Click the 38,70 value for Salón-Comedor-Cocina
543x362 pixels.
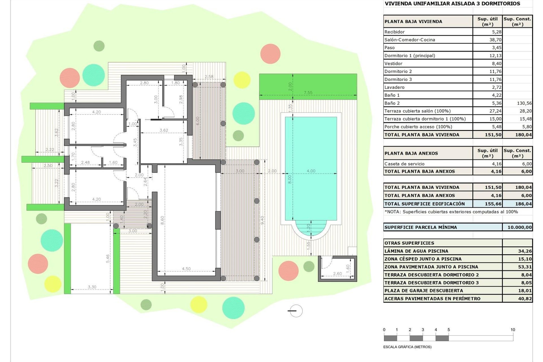pyautogui.click(x=495, y=40)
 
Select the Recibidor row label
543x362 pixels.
pyautogui.click(x=394, y=32)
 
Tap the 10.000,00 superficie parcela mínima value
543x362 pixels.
pyautogui.click(x=520, y=227)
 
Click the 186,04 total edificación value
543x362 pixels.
pyautogui.click(x=523, y=204)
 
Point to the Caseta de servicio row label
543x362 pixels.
pyautogui.click(x=404, y=164)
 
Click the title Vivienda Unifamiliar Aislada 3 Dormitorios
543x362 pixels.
pyautogui.click(x=452, y=4)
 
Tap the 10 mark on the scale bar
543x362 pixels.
pyautogui.click(x=513, y=330)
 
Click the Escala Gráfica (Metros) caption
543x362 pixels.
pyautogui.click(x=407, y=347)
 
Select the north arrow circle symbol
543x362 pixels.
pyautogui.click(x=296, y=311)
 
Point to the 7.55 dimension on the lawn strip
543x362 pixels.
pyautogui.click(x=308, y=92)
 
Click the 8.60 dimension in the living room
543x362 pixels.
pyautogui.click(x=162, y=220)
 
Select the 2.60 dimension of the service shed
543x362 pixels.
pyautogui.click(x=337, y=274)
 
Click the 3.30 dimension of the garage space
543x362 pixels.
pyautogui.click(x=92, y=287)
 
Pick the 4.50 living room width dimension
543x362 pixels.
pyautogui.click(x=186, y=269)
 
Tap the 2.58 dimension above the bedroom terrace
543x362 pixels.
pyautogui.click(x=209, y=77)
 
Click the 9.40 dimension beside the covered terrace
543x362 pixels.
pyautogui.click(x=262, y=220)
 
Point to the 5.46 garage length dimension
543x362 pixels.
pyautogui.click(x=108, y=258)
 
